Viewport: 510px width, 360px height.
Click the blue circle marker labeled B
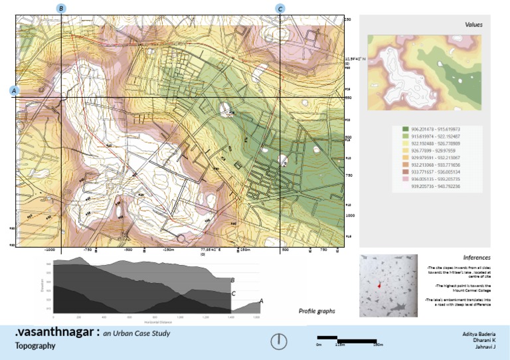[61, 9]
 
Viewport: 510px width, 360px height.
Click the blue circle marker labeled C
[280, 9]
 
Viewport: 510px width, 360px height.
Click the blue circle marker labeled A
[14, 90]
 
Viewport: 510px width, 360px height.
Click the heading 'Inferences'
[475, 257]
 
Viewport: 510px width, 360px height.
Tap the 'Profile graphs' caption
[316, 311]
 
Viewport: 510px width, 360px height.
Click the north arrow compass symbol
[278, 341]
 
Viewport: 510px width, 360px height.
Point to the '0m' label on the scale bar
[319, 345]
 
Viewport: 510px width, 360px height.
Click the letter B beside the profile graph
[232, 280]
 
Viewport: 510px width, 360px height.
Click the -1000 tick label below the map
[48, 250]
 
